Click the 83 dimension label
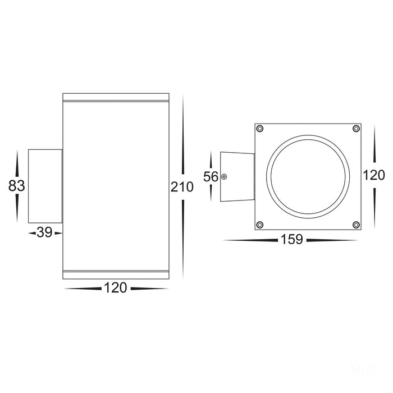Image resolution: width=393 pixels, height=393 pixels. point(16,186)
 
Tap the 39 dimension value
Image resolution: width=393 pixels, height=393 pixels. point(44,232)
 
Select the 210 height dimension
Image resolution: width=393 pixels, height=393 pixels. point(182,187)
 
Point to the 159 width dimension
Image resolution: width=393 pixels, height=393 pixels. point(292,239)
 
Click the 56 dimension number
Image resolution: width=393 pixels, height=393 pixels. point(211,177)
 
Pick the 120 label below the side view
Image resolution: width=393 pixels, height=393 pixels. point(116,287)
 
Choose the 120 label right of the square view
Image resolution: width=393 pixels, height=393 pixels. point(374,175)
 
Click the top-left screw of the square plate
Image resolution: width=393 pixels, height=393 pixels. point(260,129)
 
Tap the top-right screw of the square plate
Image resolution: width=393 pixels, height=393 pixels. point(356,129)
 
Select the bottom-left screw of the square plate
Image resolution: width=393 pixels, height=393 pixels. point(260,225)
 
